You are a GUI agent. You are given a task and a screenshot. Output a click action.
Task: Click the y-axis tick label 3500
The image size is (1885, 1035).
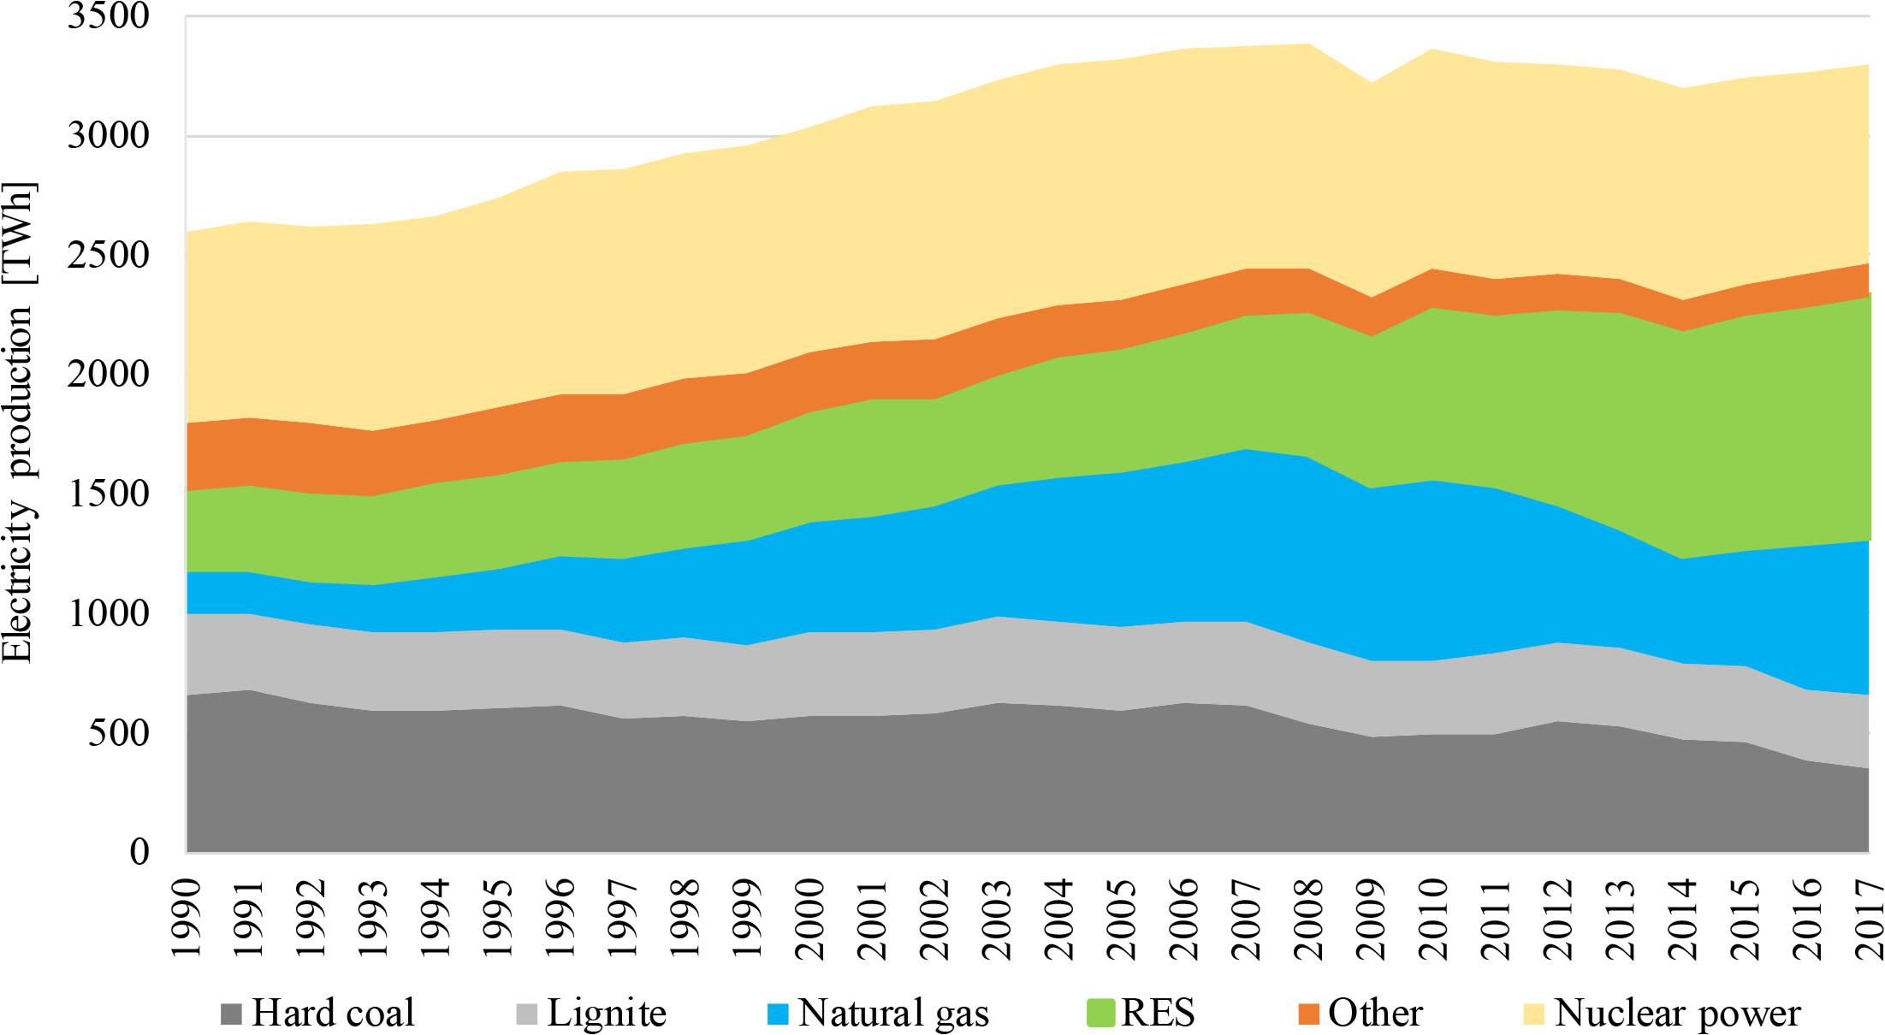pos(107,17)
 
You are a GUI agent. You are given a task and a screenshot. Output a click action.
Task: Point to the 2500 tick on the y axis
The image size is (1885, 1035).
pos(107,256)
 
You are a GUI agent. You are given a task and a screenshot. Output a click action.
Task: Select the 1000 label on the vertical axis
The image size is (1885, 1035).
pos(107,614)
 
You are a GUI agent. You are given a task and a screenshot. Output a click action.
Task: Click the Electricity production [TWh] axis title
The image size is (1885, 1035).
pos(19,423)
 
